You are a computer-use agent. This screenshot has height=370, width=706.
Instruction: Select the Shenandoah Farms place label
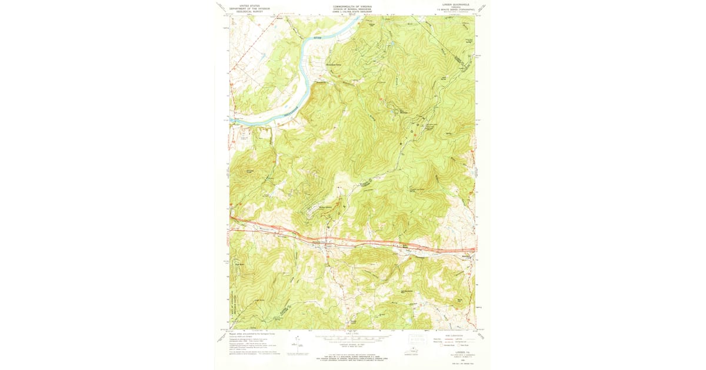pyautogui.click(x=334, y=65)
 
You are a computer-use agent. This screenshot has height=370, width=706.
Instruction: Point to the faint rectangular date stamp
pyautogui.click(x=418, y=339)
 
